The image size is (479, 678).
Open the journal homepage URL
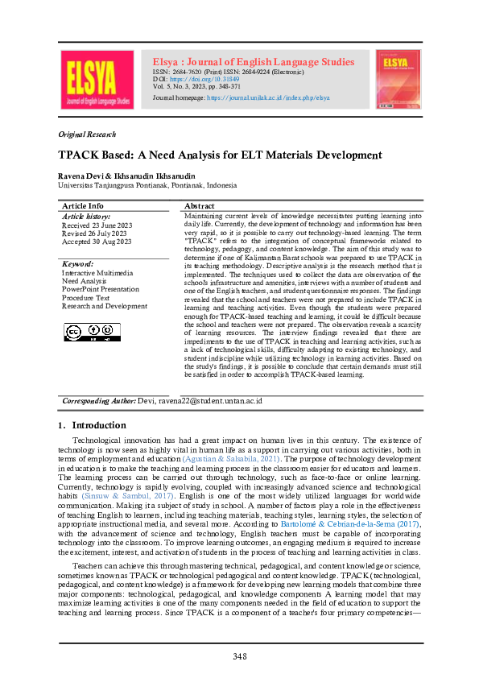click(x=268, y=97)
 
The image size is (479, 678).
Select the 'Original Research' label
click(x=87, y=134)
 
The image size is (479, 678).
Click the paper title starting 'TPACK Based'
click(x=219, y=155)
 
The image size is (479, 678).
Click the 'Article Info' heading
click(x=83, y=206)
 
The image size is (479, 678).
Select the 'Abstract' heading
click(x=200, y=206)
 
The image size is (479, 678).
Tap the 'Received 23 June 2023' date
click(x=97, y=225)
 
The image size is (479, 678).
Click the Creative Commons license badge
click(x=89, y=331)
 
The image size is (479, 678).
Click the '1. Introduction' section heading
click(x=92, y=425)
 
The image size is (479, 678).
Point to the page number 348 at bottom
click(x=239, y=656)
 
